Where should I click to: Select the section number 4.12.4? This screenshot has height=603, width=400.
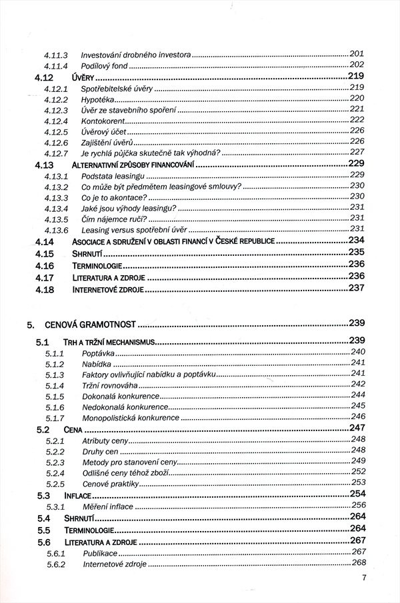pyautogui.click(x=57, y=121)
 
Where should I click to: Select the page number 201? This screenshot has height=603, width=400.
pyautogui.click(x=356, y=53)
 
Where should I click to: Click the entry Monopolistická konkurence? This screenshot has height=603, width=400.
pyautogui.click(x=131, y=418)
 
